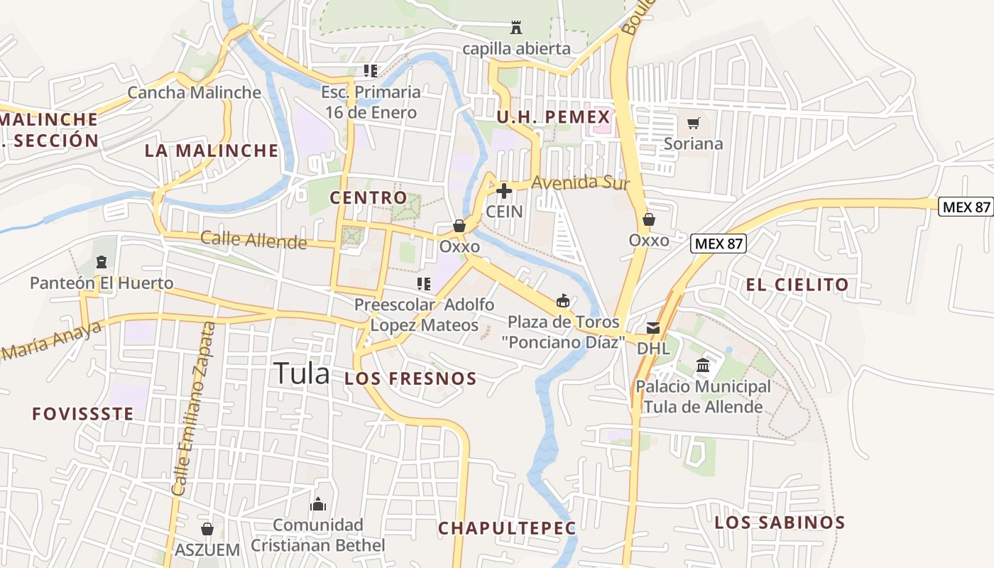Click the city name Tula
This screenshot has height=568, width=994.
[302, 373]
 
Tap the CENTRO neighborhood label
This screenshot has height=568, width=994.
[368, 197]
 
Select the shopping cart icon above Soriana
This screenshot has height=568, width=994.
[694, 123]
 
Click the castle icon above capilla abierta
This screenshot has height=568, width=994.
[516, 28]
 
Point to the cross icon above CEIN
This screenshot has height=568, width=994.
[504, 191]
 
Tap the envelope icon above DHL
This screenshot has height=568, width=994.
[652, 328]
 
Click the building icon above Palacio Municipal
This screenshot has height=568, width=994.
[703, 366]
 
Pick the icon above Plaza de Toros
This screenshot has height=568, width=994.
[563, 301]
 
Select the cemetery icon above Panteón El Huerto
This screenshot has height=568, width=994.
[101, 263]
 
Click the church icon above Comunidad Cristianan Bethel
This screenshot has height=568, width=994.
[318, 504]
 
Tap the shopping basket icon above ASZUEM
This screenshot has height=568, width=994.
[207, 529]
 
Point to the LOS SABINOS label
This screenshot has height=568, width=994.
[780, 523]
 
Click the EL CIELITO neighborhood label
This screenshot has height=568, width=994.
[797, 285]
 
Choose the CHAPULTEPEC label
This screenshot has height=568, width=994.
[507, 528]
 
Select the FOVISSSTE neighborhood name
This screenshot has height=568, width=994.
[83, 414]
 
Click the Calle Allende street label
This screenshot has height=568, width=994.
[253, 240]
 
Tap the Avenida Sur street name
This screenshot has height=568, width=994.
[580, 182]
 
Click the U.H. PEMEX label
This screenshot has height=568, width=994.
[553, 117]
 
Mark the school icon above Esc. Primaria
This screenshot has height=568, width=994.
[370, 71]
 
